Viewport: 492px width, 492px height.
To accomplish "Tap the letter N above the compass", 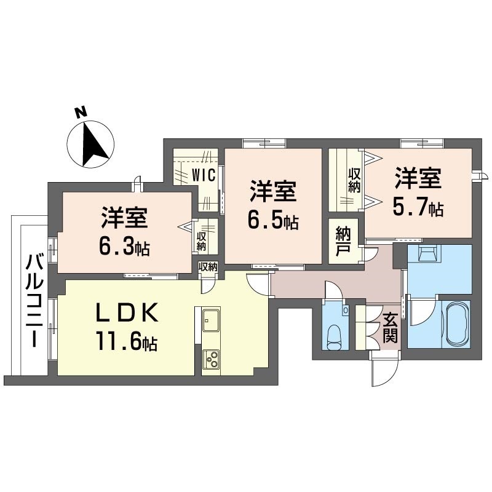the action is (x=81, y=113).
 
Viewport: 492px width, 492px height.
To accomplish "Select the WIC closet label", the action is (x=204, y=175).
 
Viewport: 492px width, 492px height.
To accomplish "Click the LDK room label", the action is (x=127, y=312).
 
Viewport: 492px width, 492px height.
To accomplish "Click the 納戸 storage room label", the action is (x=343, y=241).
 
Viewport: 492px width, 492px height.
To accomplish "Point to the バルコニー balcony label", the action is (x=34, y=301).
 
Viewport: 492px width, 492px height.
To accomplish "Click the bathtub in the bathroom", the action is (x=456, y=324).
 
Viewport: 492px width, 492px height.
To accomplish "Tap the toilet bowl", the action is (x=333, y=337).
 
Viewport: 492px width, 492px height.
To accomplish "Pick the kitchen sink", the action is (x=211, y=320).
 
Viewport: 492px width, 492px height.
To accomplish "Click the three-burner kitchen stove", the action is (x=211, y=359).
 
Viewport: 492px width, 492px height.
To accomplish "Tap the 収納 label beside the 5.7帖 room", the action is (x=355, y=180).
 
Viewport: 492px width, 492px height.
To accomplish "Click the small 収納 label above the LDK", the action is (x=208, y=267).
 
